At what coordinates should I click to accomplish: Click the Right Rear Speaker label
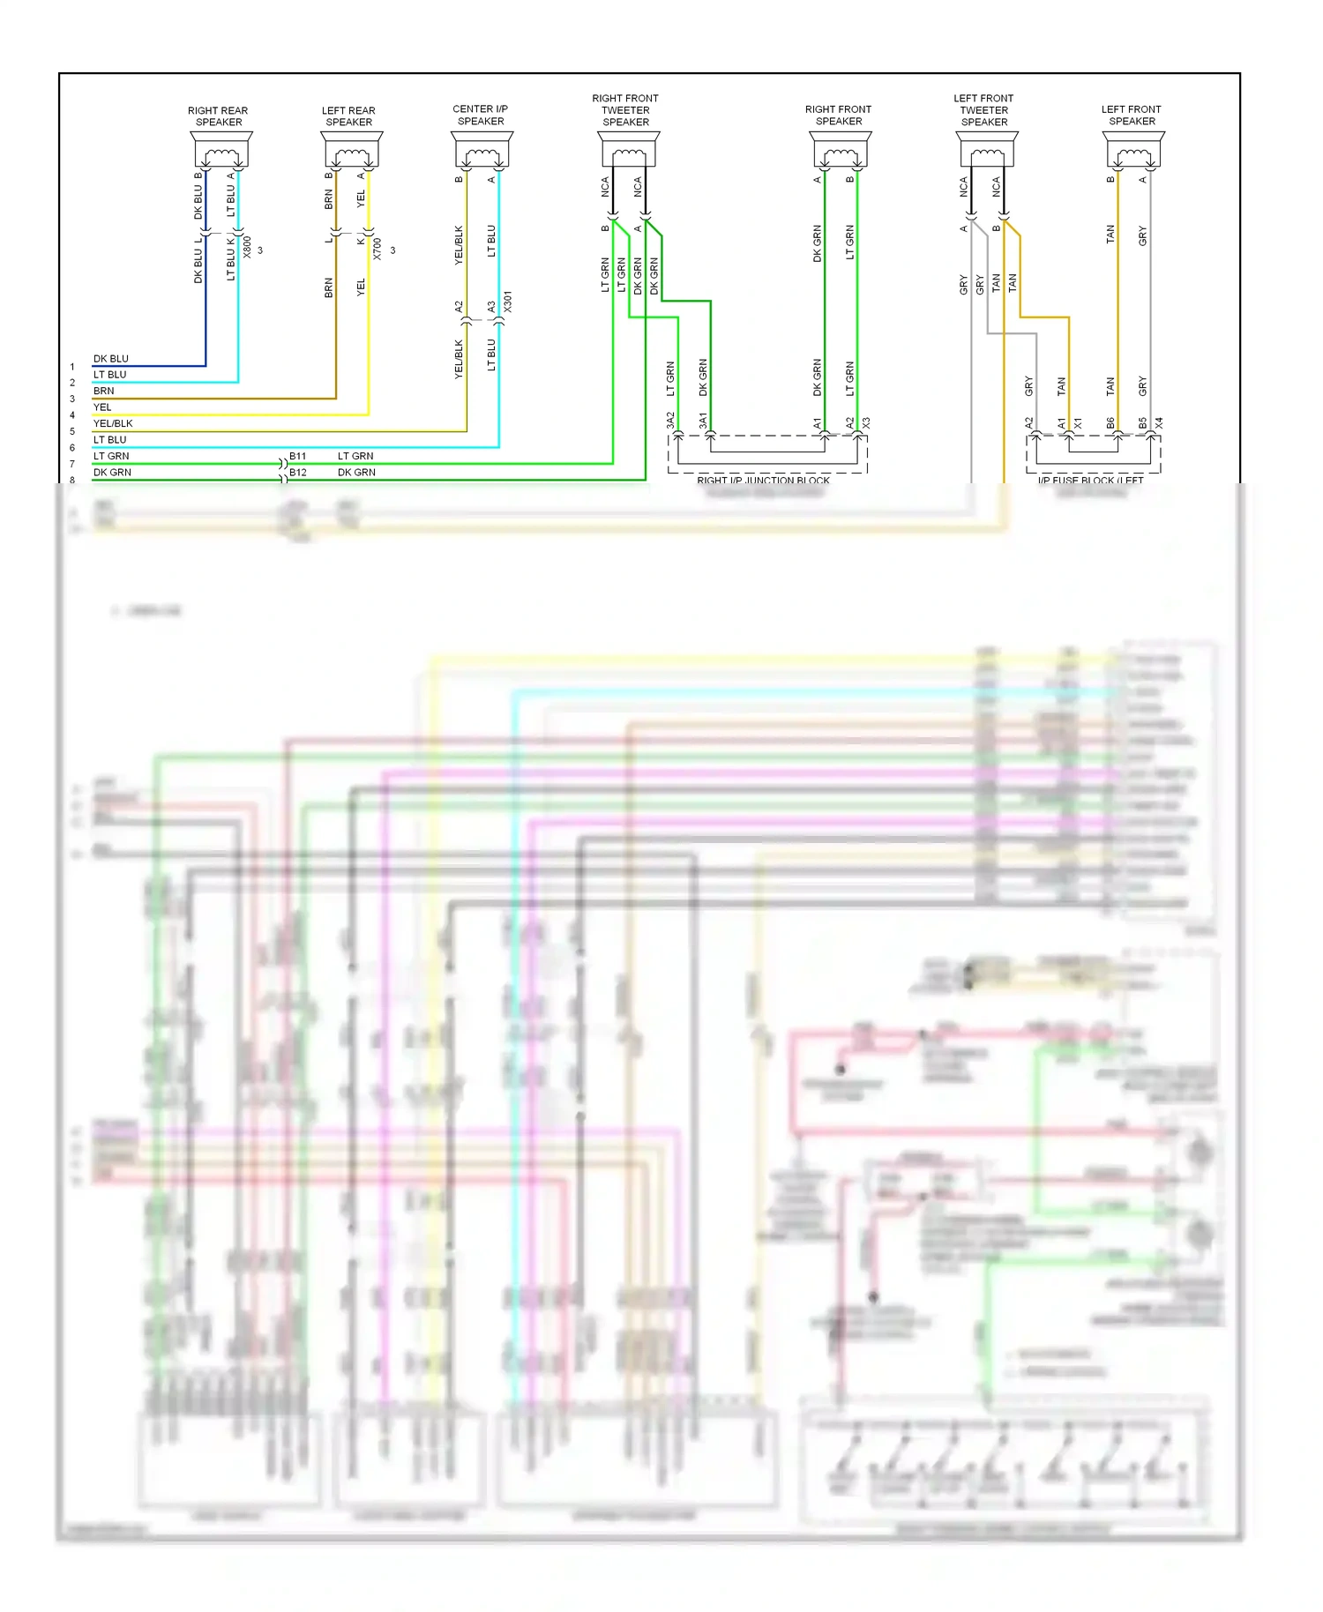[x=218, y=116]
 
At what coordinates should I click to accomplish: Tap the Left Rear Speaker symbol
[x=351, y=150]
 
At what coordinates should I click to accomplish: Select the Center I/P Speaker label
[x=481, y=116]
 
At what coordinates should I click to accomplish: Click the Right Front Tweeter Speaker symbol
[x=629, y=150]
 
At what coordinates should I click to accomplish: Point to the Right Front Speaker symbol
[x=841, y=150]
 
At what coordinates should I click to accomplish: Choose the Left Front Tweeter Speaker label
[x=983, y=110]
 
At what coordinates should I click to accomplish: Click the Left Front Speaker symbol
[x=1133, y=150]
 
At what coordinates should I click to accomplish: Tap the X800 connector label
[x=247, y=247]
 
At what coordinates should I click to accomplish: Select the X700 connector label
[x=377, y=249]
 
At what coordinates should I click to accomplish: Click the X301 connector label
[x=507, y=302]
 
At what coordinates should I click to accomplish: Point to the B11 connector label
[x=298, y=456]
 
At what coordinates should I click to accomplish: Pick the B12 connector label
[x=298, y=473]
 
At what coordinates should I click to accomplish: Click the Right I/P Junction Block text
[x=763, y=481]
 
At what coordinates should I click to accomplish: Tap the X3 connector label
[x=866, y=423]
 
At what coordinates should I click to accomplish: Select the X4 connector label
[x=1159, y=423]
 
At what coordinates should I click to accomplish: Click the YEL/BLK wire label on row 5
[x=113, y=423]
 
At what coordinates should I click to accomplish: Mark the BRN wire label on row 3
[x=104, y=391]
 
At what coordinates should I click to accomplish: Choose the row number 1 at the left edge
[x=72, y=367]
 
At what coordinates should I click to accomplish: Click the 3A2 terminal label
[x=670, y=421]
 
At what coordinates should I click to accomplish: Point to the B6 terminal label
[x=1110, y=423]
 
